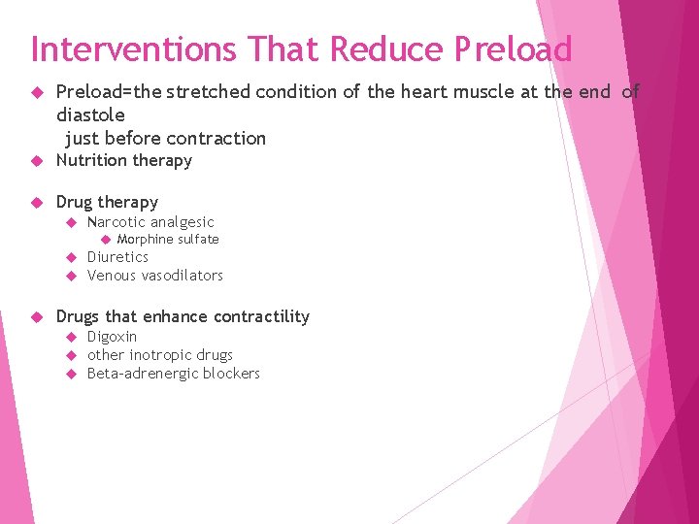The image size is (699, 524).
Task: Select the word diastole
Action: click(x=90, y=115)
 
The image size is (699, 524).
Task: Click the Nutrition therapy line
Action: click(x=123, y=160)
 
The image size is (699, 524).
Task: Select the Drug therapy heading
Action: click(x=107, y=202)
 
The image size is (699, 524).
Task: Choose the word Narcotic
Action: click(x=116, y=222)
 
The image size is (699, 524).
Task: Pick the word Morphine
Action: click(x=145, y=240)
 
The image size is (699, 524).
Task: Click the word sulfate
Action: click(x=198, y=240)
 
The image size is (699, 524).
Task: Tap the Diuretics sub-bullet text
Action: click(x=117, y=257)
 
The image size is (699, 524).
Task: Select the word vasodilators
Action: click(x=183, y=276)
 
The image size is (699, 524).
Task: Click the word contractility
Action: click(x=261, y=316)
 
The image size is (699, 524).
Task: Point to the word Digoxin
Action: click(x=112, y=337)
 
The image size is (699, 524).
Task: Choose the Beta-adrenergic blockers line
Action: click(x=173, y=374)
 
